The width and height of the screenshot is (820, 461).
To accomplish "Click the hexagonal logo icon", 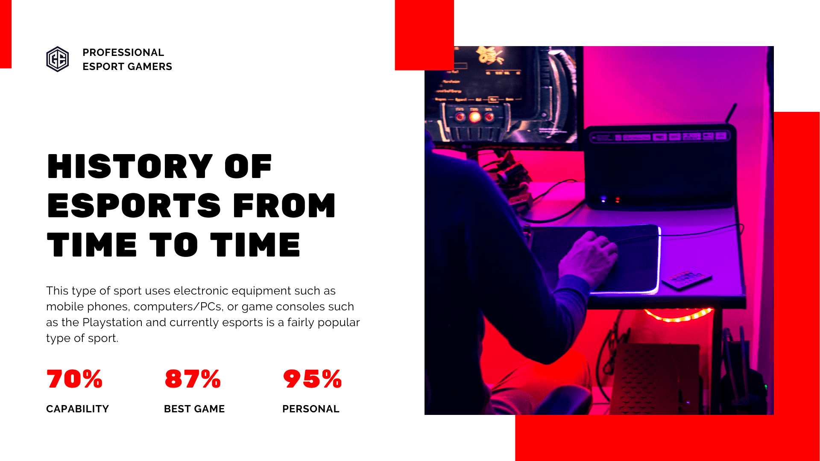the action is pyautogui.click(x=57, y=59).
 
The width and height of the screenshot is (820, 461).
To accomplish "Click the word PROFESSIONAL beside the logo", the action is pyautogui.click(x=123, y=53).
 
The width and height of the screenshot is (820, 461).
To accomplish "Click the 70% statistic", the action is pyautogui.click(x=75, y=379).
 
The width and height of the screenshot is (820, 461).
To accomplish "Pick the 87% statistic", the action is pyautogui.click(x=193, y=379).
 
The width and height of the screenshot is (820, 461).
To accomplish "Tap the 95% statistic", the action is pyautogui.click(x=312, y=379).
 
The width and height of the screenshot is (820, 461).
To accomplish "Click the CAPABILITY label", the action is pyautogui.click(x=77, y=409).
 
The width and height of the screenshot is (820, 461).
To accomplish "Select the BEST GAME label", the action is pyautogui.click(x=194, y=409).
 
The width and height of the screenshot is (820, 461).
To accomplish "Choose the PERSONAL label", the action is pyautogui.click(x=311, y=409).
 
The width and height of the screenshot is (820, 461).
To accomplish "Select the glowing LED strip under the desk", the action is pyautogui.click(x=678, y=315).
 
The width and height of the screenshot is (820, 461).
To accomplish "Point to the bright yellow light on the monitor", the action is pyautogui.click(x=474, y=117).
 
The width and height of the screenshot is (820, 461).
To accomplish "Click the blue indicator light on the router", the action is pyautogui.click(x=603, y=199).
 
